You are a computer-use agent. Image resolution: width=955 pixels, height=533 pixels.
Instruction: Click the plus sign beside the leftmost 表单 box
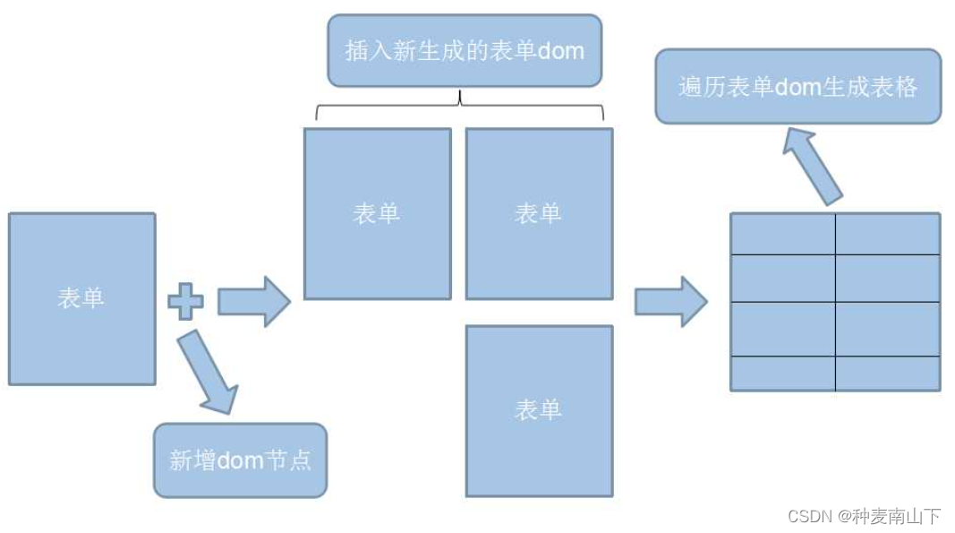point(185,301)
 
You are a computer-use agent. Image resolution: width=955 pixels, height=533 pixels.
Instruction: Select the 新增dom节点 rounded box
point(240,460)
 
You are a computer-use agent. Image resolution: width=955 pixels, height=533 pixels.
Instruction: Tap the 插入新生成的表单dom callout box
point(464,50)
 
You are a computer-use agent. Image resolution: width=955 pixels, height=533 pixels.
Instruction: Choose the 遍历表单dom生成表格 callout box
point(797,87)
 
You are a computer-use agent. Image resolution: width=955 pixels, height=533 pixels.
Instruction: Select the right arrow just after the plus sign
point(254,301)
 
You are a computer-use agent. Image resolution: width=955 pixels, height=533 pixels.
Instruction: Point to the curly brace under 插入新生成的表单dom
point(460,106)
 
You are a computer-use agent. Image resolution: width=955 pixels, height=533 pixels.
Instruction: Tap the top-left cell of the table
point(783,234)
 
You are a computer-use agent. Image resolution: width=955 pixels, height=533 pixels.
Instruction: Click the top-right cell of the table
point(887,234)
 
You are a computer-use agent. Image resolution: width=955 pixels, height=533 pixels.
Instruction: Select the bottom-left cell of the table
point(783,374)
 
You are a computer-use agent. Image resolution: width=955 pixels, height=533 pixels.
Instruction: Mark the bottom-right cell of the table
point(887,374)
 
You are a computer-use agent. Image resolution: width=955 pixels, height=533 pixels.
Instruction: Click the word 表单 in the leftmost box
point(81,298)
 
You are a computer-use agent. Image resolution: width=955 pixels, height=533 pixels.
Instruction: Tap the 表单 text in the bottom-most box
point(538,410)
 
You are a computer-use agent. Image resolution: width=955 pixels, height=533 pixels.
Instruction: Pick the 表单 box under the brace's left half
point(377,213)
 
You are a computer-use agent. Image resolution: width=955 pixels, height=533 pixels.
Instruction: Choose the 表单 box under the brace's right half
point(539,213)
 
